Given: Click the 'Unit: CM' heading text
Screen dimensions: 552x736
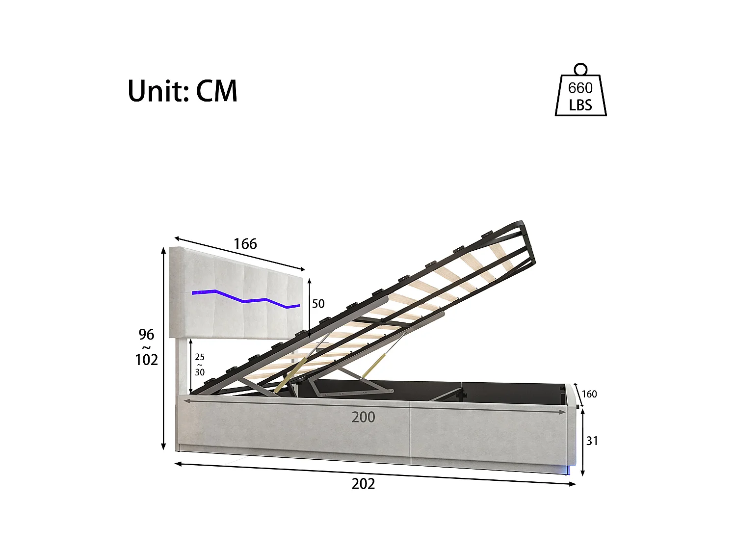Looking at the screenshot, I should click(x=183, y=91).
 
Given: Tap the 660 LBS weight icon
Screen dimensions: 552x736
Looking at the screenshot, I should click(x=580, y=96).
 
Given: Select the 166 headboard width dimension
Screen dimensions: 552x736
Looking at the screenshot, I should click(x=245, y=244).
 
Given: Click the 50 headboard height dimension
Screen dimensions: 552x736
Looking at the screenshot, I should click(x=318, y=304).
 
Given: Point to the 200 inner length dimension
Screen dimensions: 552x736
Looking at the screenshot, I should click(x=363, y=417).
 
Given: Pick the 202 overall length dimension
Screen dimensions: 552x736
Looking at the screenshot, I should click(x=363, y=484).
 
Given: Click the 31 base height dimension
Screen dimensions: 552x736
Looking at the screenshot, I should click(x=592, y=441).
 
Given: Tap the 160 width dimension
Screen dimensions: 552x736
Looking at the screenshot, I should click(x=589, y=394).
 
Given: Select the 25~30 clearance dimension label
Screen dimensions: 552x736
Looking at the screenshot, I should click(x=200, y=365).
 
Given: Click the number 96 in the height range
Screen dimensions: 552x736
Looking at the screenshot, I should click(x=146, y=335).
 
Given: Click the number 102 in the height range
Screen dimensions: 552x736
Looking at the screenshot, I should click(x=146, y=360).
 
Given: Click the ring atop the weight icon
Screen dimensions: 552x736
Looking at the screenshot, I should click(x=580, y=69).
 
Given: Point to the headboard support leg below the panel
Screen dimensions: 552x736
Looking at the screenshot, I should click(x=183, y=366).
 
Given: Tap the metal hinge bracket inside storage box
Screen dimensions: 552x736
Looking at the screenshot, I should click(x=353, y=391).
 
